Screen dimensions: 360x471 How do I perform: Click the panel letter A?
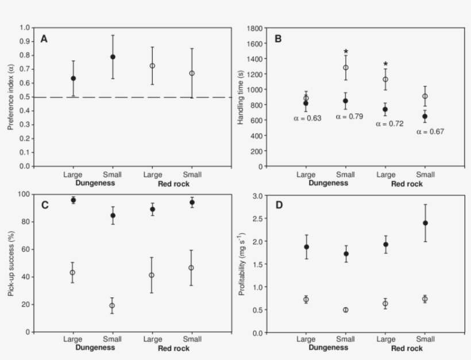pos(44,38)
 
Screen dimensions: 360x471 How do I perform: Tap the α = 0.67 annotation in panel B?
pos(431,131)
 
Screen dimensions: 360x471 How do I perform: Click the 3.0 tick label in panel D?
pos(258,196)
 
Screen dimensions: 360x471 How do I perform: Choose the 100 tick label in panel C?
pos(24,194)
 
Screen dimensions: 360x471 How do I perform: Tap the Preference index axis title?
pos(11,96)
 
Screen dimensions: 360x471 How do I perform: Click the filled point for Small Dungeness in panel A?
pos(113,57)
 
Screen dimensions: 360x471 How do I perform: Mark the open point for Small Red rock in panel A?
pos(192,73)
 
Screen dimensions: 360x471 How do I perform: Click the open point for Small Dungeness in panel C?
pos(113,305)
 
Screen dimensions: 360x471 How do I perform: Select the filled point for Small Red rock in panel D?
pos(425,223)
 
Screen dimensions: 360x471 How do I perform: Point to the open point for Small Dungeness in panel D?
pos(346,310)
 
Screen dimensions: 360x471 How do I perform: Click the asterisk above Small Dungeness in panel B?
pos(346,51)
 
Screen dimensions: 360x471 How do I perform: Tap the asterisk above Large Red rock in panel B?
pos(385,64)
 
